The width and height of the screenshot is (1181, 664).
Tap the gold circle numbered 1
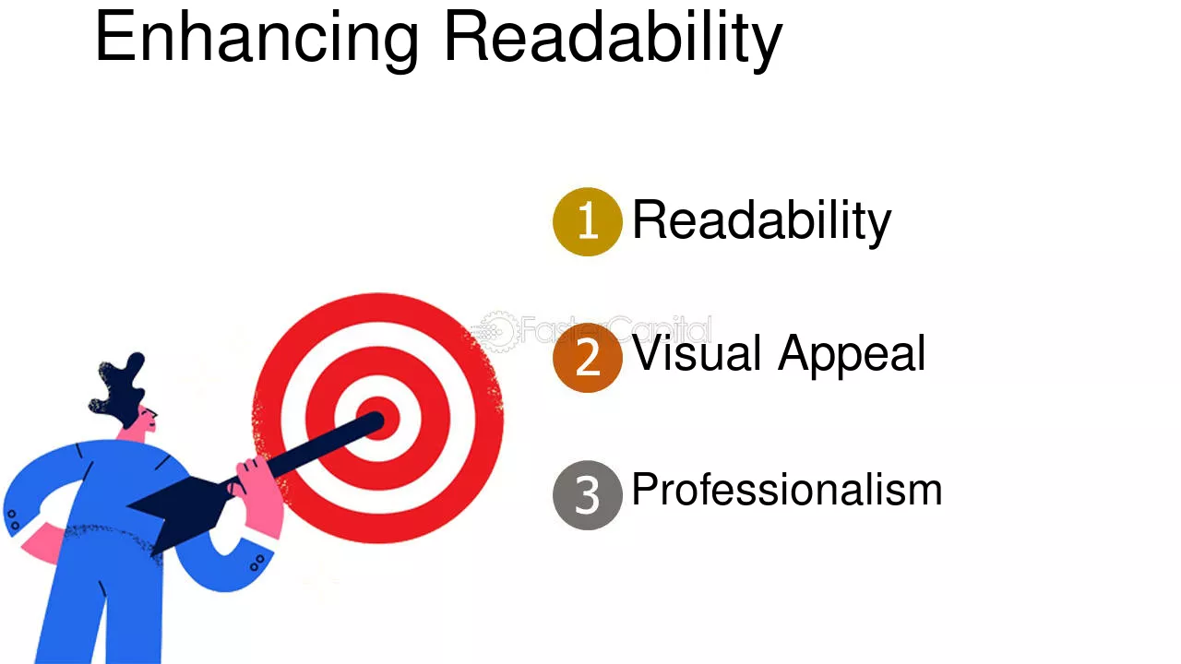(588, 221)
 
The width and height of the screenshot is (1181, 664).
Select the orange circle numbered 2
(588, 357)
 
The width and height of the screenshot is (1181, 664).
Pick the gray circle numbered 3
(588, 494)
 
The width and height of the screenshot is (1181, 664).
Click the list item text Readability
(761, 221)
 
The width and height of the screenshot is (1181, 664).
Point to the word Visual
(697, 353)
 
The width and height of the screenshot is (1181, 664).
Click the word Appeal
(852, 355)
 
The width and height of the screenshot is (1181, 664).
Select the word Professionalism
(787, 490)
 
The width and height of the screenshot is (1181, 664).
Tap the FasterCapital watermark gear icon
(495, 331)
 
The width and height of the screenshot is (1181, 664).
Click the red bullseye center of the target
(378, 418)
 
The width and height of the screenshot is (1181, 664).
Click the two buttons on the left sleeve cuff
(13, 519)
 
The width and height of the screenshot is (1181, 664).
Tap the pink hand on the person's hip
(43, 544)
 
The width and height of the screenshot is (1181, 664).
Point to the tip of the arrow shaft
(378, 420)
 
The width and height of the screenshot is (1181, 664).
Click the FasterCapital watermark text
(615, 330)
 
